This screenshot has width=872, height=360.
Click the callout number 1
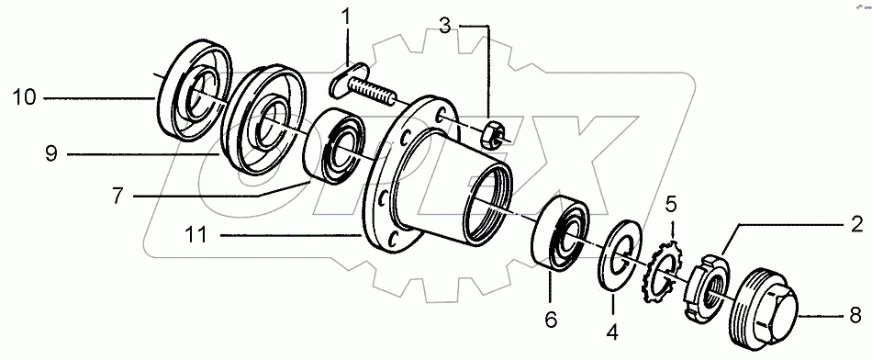[x=347, y=17]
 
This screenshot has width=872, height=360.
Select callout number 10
[x=24, y=95]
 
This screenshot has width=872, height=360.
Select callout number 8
[x=855, y=316]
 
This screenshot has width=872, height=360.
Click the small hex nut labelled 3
[x=491, y=134]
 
